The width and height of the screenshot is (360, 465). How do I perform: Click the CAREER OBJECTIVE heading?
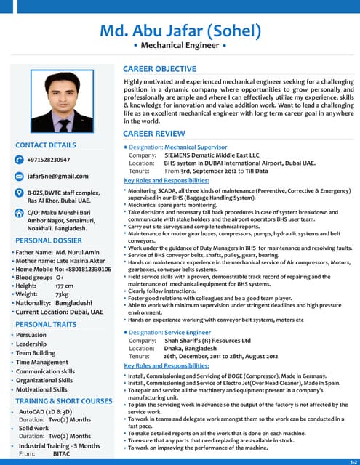pyautogui.click(x=159, y=69)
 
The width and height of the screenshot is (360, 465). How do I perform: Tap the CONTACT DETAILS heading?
pyautogui.click(x=46, y=145)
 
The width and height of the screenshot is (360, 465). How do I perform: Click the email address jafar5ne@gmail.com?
pyautogui.click(x=57, y=176)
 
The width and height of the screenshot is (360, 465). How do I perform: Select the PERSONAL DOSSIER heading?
pyautogui.click(x=49, y=240)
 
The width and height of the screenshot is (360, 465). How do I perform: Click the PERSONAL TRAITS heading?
pyautogui.click(x=46, y=324)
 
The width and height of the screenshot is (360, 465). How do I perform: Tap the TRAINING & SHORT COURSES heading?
pyautogui.click(x=64, y=401)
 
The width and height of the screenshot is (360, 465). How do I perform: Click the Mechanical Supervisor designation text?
pyautogui.click(x=196, y=147)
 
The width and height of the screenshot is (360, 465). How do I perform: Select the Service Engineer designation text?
pyautogui.click(x=188, y=331)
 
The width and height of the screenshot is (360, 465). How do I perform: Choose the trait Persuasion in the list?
pyautogui.click(x=31, y=335)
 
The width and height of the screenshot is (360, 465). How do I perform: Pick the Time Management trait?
pyautogui.click(x=41, y=362)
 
